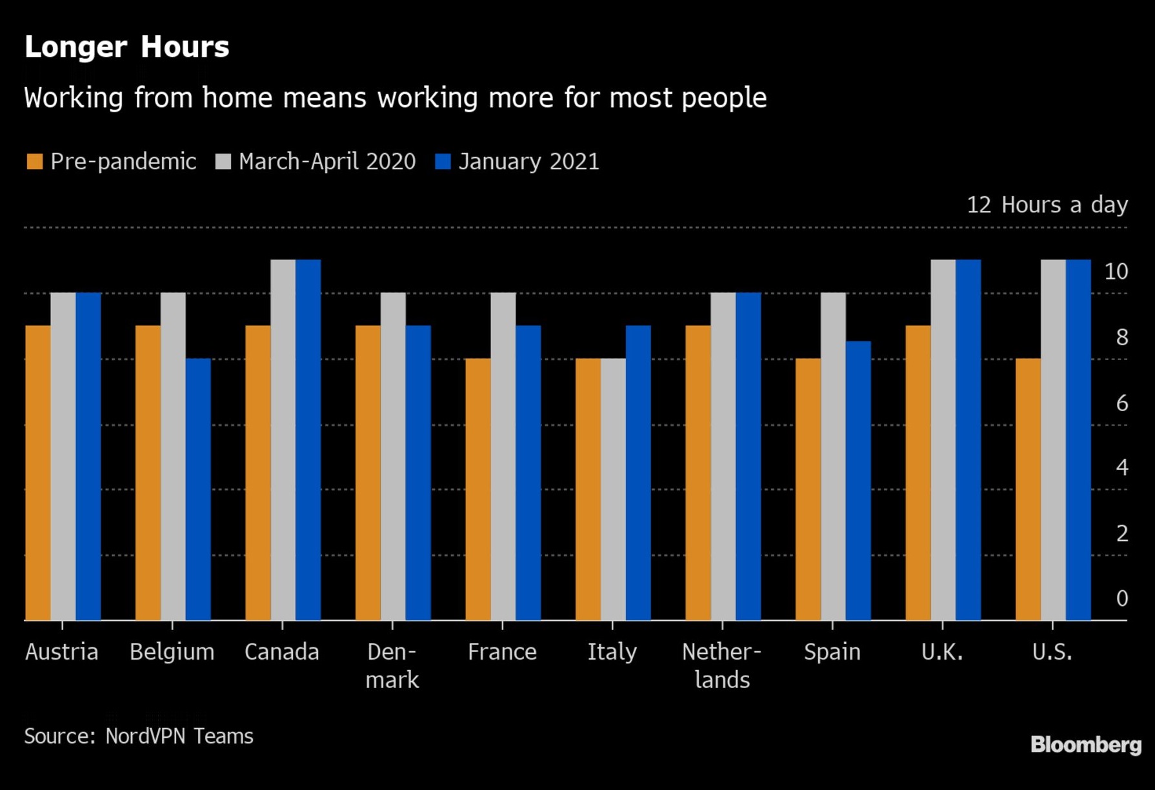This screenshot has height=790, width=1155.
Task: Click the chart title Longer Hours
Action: point(126,47)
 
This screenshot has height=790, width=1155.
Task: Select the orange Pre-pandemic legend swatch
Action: point(34,161)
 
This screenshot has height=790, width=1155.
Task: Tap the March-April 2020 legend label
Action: point(326,161)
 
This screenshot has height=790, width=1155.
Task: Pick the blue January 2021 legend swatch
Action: point(443,161)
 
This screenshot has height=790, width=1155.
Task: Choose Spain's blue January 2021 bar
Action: point(858,481)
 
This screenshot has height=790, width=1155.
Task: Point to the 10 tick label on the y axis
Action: point(1116,272)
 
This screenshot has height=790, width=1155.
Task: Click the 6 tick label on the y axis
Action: point(1122,403)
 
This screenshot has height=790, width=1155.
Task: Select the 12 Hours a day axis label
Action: point(1047,205)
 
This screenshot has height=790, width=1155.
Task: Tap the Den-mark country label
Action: point(392,665)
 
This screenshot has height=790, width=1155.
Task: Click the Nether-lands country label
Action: point(721,665)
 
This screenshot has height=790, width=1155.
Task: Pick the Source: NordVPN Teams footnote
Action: point(139,736)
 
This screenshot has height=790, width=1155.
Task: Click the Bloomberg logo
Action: point(1085,745)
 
